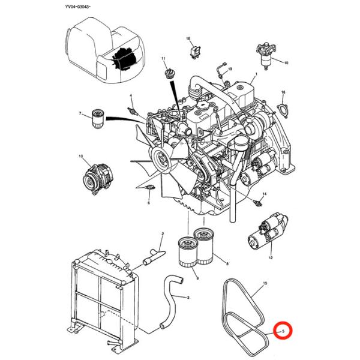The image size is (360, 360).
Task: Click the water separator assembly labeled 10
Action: (263, 54)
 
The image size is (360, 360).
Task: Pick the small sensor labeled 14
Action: (260, 203)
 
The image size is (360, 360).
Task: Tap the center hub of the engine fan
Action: (161, 159)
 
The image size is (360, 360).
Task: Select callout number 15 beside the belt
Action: (265, 282)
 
